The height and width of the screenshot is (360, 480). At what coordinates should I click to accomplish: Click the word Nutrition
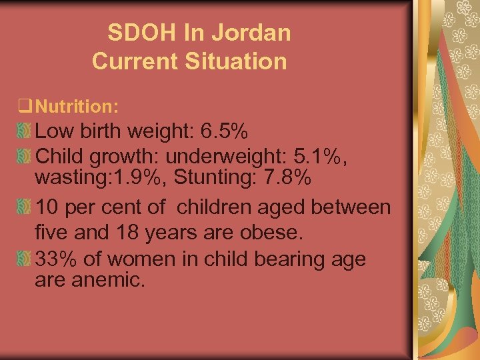77,105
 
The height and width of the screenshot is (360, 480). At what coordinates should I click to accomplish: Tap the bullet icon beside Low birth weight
23,131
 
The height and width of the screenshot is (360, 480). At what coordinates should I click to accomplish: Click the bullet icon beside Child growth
23,155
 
